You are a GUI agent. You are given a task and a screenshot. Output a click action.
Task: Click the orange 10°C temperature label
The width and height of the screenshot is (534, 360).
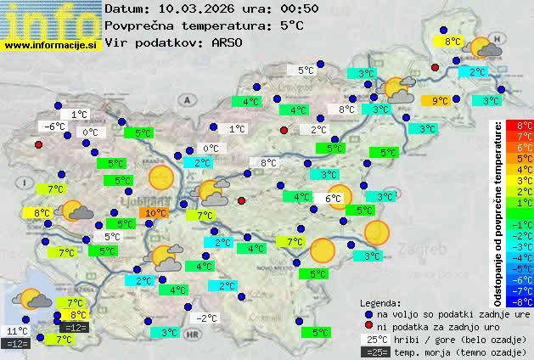(155, 213)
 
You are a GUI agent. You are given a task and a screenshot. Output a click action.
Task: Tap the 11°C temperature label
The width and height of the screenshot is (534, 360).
(17, 331)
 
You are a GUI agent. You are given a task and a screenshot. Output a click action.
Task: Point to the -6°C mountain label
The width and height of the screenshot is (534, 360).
(53, 127)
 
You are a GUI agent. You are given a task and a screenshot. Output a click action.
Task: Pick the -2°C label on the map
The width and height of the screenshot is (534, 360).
(207, 318)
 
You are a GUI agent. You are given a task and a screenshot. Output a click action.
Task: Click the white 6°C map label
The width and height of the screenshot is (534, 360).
(332, 199)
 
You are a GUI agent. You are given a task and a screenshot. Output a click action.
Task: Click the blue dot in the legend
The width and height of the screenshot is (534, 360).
(368, 314)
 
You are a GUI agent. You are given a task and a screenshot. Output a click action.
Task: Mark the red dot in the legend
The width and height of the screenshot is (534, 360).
(368, 327)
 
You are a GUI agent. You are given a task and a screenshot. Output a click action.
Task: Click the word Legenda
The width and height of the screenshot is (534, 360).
(380, 302)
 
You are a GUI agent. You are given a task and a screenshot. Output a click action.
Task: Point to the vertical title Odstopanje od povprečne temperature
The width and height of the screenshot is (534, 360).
(498, 212)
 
